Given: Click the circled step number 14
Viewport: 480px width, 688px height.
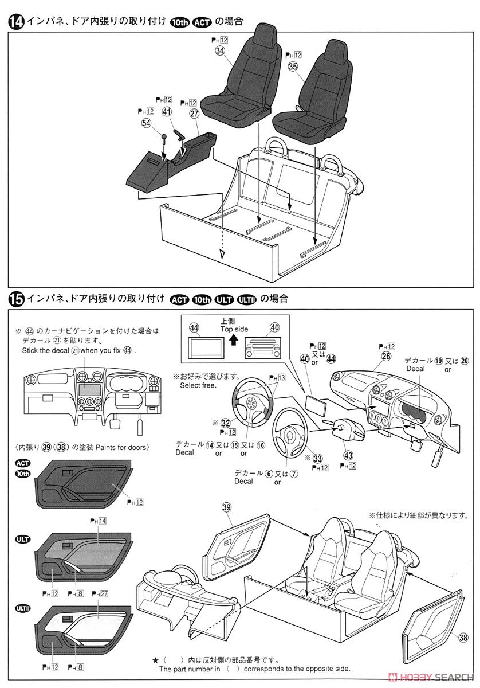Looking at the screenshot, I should (x=15, y=22).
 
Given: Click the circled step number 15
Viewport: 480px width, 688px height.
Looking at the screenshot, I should (x=15, y=299).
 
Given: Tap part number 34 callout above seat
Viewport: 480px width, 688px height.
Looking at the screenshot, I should (x=221, y=50).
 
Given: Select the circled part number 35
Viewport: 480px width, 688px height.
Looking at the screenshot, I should (x=293, y=67).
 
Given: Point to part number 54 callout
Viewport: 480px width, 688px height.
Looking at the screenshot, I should (x=146, y=122).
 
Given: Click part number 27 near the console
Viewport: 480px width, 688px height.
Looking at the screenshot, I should (x=194, y=114).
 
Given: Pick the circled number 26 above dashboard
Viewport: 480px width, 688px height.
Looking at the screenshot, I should (x=386, y=357).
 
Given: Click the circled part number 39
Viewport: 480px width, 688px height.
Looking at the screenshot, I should (x=226, y=507).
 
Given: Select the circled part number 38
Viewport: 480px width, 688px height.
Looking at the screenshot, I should (x=461, y=637).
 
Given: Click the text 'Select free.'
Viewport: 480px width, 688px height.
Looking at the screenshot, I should (x=198, y=385).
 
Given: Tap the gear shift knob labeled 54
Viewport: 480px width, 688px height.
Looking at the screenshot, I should (x=163, y=138).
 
